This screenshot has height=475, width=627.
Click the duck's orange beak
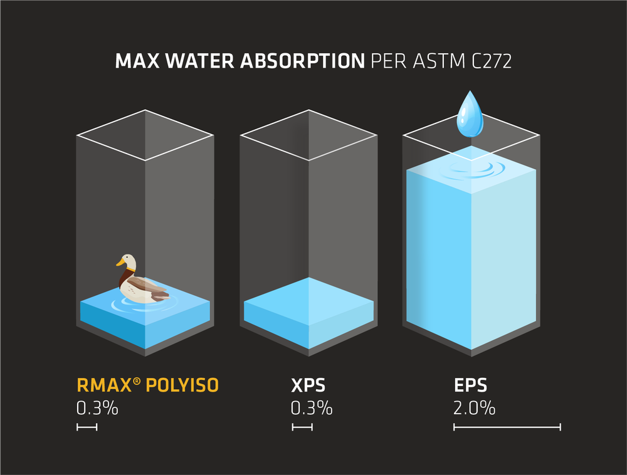tap(119, 263)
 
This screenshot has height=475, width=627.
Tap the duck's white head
tap(128, 260)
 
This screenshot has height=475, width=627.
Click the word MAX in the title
tap(133, 61)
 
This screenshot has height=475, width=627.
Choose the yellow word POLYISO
tap(182, 385)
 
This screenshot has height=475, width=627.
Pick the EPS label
tap(470, 385)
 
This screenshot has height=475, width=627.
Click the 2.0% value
tap(474, 409)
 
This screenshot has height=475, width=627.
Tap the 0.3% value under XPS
tap(312, 409)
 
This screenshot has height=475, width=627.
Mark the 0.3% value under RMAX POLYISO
tap(97, 409)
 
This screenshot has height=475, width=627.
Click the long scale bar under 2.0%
tap(507, 427)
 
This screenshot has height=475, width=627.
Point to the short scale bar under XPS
tap(302, 427)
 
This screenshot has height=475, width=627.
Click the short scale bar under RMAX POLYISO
tap(87, 427)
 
